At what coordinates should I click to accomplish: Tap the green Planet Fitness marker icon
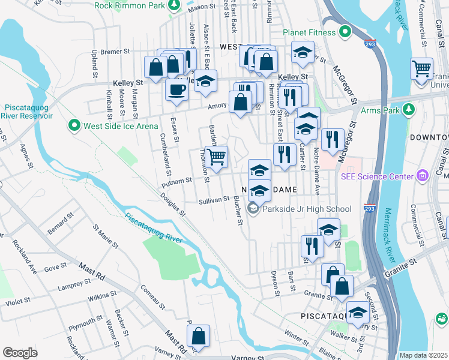(345, 31)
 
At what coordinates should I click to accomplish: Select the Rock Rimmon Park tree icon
(174, 5)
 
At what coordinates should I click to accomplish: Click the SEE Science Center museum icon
(422, 176)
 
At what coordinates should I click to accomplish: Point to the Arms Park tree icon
(408, 110)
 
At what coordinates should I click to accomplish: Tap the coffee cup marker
(176, 90)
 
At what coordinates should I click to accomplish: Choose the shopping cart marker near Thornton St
(217, 157)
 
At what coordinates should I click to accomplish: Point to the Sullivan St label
(215, 200)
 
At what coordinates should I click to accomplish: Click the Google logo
(20, 353)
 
